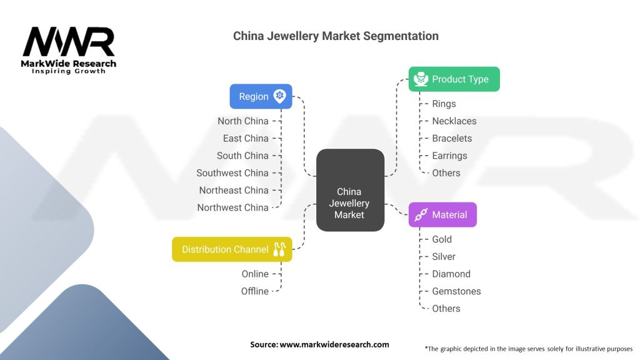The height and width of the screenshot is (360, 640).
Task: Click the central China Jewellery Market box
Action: coord(350,190)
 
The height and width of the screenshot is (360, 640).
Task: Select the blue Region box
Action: coord(261,96)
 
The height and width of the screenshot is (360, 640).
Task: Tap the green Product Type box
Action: coord(454,79)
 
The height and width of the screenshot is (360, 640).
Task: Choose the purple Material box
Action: coord(442,214)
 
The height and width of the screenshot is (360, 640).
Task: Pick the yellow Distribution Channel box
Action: coord(232,249)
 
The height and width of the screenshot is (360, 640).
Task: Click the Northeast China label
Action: coord(234,190)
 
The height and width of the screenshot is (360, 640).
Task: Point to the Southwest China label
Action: coord(232,173)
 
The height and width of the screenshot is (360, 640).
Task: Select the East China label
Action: coord(246,138)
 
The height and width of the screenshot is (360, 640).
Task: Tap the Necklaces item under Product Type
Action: coord(454,121)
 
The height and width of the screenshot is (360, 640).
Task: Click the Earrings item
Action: coord(449,156)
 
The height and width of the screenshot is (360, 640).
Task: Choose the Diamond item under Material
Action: coord(451,274)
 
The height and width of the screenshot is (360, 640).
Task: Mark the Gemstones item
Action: coord(456,291)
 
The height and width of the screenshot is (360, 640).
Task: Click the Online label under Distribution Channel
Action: coord(255,274)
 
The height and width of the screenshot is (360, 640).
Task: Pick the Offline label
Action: coord(255,291)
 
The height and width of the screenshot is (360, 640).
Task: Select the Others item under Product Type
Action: coord(446,173)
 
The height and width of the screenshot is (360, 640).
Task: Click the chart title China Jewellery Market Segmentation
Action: coord(336,36)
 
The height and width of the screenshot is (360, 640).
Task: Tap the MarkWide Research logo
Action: coord(69,50)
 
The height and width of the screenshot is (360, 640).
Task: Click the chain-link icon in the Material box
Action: coord(421,214)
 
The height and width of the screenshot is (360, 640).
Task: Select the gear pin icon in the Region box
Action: coord(279,96)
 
